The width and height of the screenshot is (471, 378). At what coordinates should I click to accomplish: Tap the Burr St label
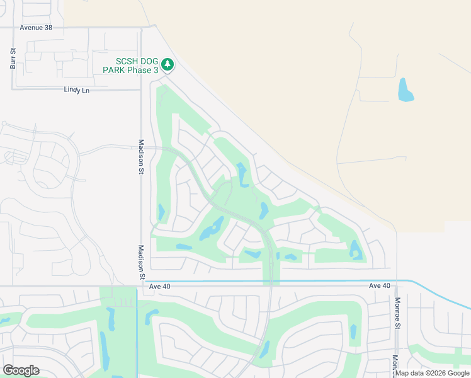click(x=13, y=58)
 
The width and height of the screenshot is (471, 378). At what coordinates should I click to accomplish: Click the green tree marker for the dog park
click(x=167, y=64)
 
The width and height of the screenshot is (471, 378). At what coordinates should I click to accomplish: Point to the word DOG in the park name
click(x=144, y=61)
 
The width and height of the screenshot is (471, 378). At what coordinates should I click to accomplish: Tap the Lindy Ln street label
click(x=77, y=90)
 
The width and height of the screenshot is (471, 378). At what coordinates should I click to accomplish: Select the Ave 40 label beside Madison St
click(x=161, y=286)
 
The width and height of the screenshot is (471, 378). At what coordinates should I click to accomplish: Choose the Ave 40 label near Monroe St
click(x=380, y=286)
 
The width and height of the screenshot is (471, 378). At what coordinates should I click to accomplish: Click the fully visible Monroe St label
click(x=398, y=313)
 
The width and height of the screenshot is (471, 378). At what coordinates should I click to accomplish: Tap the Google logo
click(x=21, y=370)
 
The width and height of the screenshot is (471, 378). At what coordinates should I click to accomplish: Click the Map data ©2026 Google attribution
click(x=433, y=373)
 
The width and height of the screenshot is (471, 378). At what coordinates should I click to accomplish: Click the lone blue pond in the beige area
click(x=406, y=90)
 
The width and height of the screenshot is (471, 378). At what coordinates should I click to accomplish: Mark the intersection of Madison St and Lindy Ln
click(x=142, y=89)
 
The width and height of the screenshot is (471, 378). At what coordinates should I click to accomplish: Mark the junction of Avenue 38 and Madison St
click(x=142, y=28)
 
